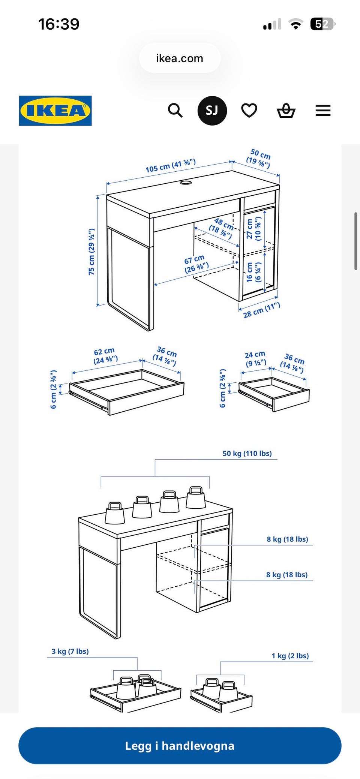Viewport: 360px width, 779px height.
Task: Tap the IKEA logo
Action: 55,111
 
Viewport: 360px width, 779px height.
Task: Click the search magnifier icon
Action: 175,111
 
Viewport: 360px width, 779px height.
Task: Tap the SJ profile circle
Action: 212,111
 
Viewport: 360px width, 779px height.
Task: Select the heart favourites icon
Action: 249,111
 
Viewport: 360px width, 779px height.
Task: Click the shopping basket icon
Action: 286,111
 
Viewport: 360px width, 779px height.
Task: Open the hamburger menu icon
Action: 323,111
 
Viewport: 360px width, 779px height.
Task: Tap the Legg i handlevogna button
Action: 180,746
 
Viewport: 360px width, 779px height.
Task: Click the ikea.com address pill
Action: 180,58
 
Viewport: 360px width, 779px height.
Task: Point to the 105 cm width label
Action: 171,166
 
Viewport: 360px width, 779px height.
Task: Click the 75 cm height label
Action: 91,252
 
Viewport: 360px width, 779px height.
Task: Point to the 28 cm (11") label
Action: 261,310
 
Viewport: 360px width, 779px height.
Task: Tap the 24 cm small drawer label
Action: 255,359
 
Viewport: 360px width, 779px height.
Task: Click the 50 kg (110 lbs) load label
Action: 247,453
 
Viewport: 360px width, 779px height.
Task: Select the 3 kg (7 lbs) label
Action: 70,651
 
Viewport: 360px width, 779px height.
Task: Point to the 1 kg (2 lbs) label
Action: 290,656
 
